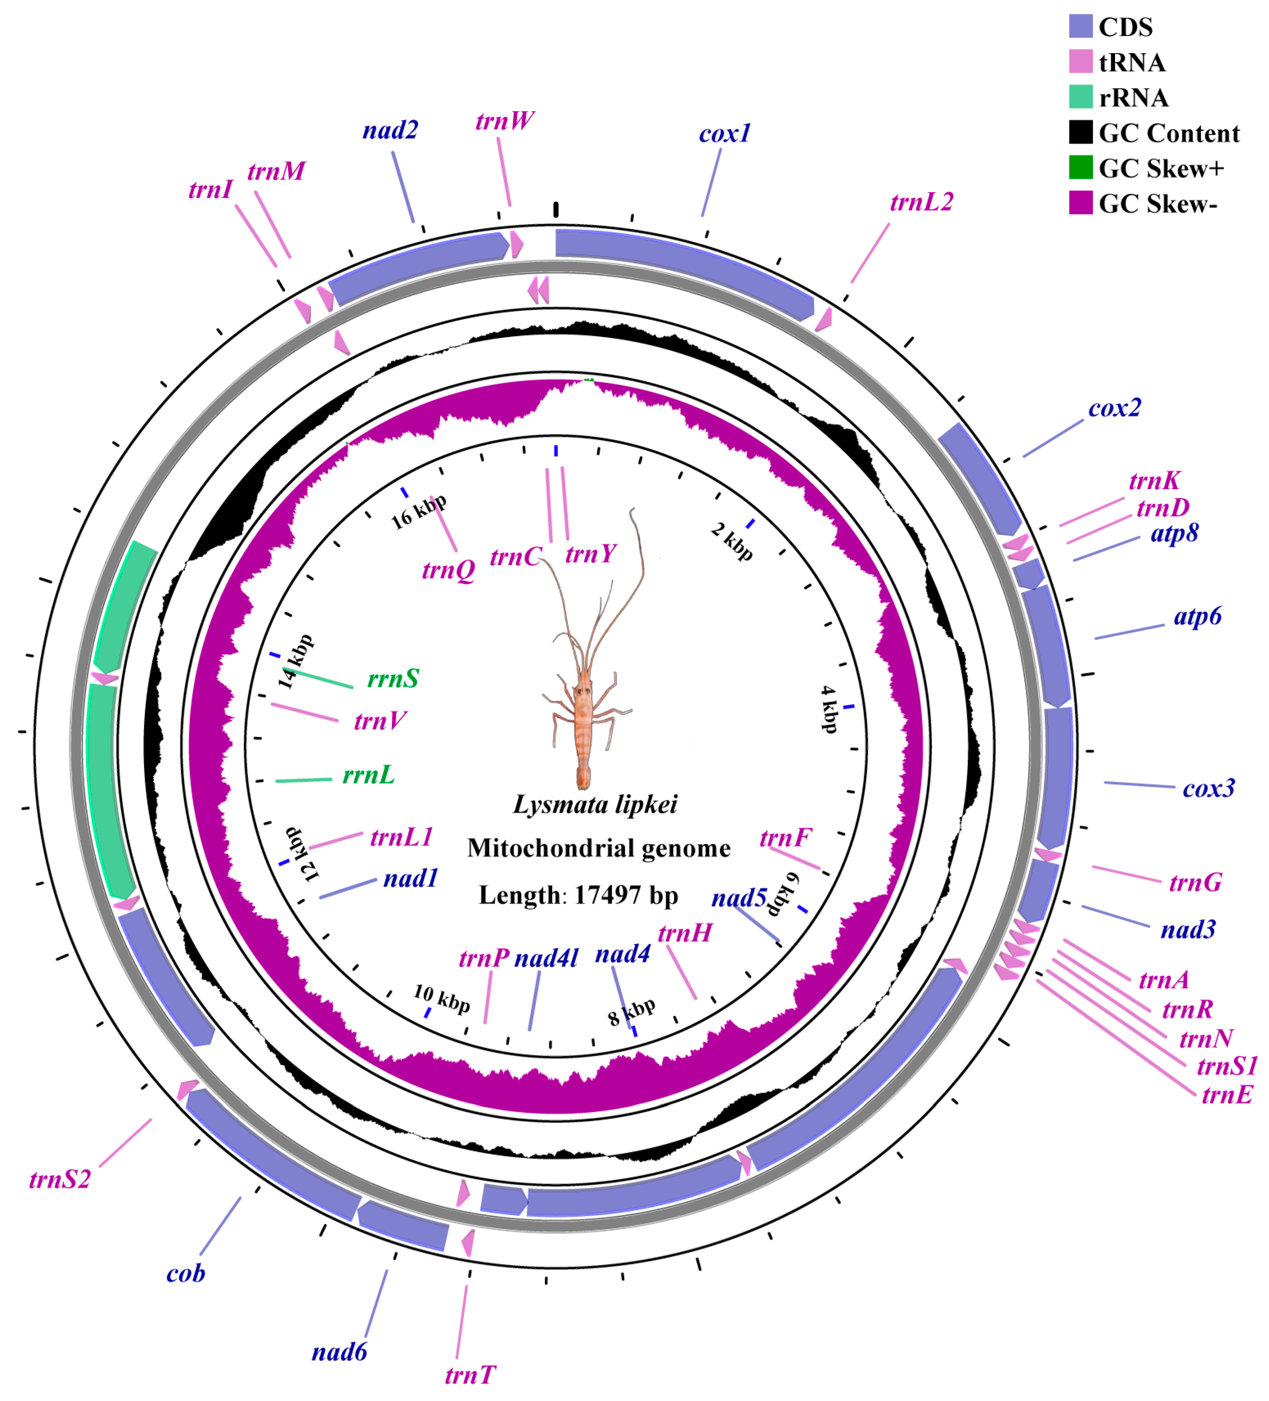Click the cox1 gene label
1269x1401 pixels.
coord(724,133)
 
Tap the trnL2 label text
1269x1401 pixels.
coord(921,202)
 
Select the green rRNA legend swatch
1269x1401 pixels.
coord(1080,97)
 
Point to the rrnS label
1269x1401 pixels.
coord(393,678)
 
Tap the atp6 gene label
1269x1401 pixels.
coord(1197,616)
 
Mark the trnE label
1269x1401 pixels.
coord(1226,1095)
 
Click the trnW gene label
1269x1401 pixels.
coord(505,121)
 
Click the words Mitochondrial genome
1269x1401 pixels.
coord(598,849)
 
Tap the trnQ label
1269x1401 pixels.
coord(448,570)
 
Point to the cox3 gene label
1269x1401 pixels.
coord(1208,789)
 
